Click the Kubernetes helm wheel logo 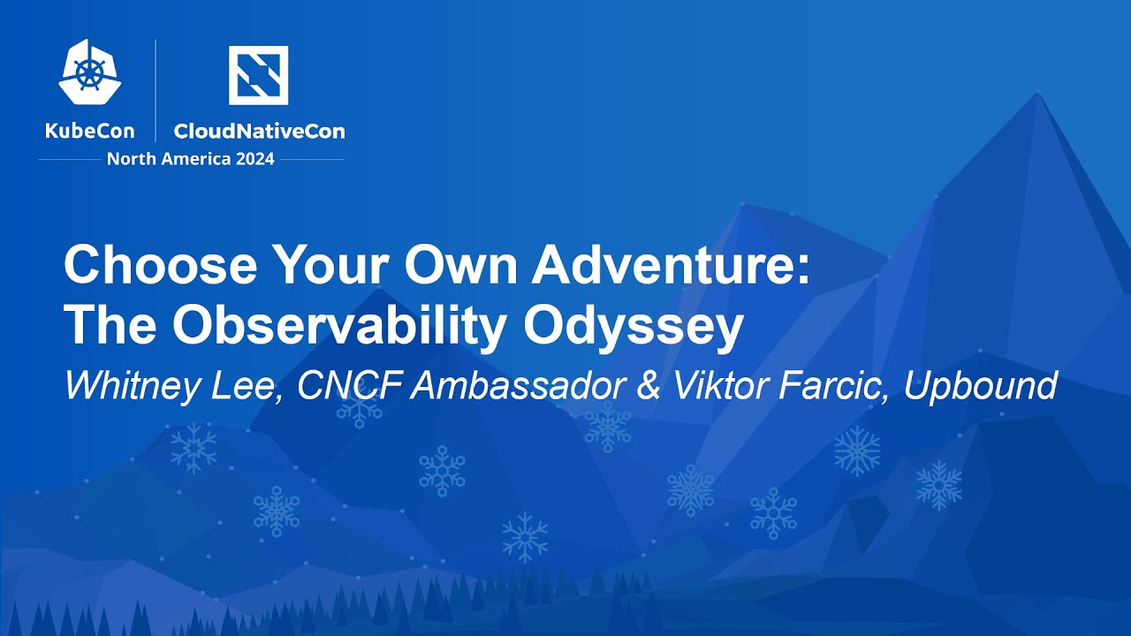(x=89, y=72)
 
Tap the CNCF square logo (x=258, y=75)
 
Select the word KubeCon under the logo (x=89, y=132)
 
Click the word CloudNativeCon (x=259, y=132)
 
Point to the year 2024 (x=253, y=159)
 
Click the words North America (x=167, y=159)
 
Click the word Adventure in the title (x=669, y=265)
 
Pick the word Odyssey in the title (x=633, y=327)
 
